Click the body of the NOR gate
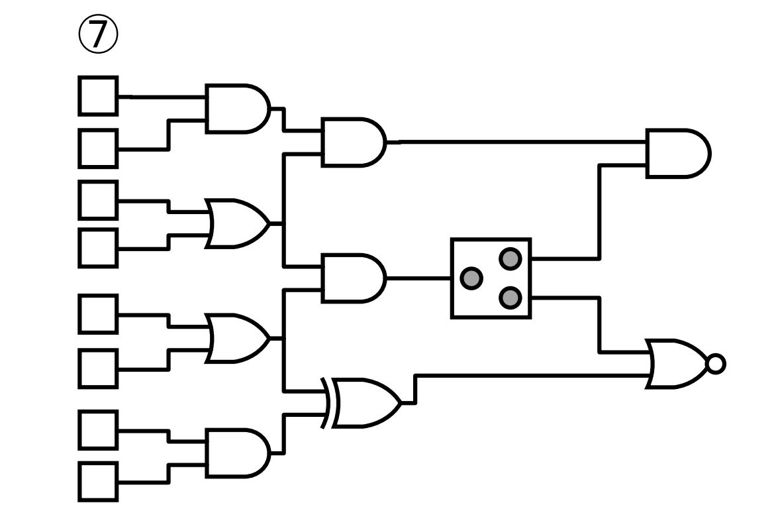coord(679,363)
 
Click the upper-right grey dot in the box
coord(509,258)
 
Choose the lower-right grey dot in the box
coord(509,298)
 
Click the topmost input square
coord(99,96)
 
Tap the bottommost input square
coord(99,482)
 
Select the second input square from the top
coord(99,148)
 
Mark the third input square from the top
coord(99,199)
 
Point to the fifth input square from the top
coord(99,313)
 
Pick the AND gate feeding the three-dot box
coord(352,278)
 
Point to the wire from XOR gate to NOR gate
coord(530,376)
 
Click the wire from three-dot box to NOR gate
coord(600,325)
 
